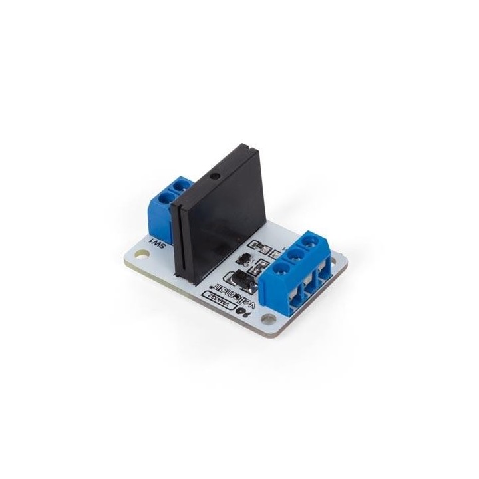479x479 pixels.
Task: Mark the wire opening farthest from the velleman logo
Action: [325, 271]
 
